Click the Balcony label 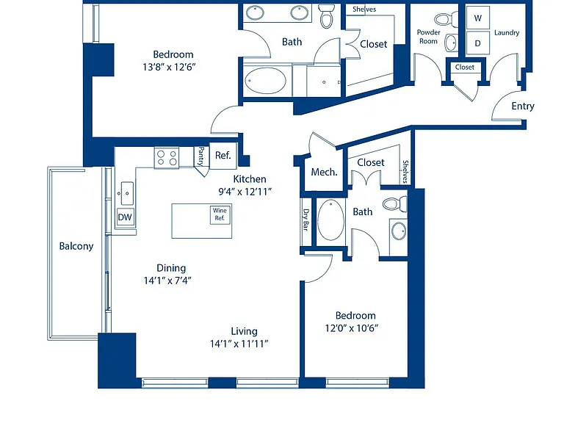(x=76, y=246)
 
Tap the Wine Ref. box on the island (x=220, y=214)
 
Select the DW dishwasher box (x=125, y=217)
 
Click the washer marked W (x=477, y=18)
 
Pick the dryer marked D (x=477, y=43)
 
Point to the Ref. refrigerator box (x=223, y=156)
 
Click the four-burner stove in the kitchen (x=167, y=158)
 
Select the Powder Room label (x=428, y=37)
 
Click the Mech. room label (x=324, y=173)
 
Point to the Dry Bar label (x=306, y=220)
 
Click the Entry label (x=523, y=106)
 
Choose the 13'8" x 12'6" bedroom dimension (x=169, y=67)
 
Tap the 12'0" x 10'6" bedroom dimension (x=352, y=328)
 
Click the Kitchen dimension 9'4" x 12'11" (x=245, y=192)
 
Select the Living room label (x=244, y=331)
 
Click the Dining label (x=171, y=268)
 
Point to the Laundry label (x=507, y=33)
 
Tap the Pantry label (x=201, y=156)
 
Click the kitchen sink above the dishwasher (x=125, y=193)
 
